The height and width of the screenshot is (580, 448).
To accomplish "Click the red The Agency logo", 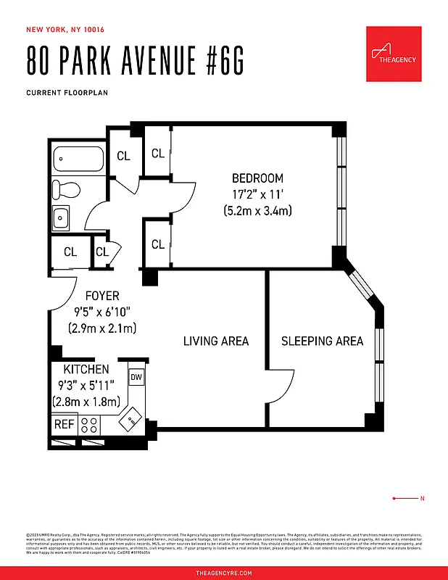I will coord(394,54).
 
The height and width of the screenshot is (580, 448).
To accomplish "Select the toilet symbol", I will coord(67,191).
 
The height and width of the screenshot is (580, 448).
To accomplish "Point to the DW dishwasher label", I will coord(136,377).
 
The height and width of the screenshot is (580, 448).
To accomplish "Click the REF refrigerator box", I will coord(64,424).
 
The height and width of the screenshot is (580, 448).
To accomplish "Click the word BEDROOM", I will coord(257,178).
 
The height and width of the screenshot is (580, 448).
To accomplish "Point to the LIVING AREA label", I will coord(215,341).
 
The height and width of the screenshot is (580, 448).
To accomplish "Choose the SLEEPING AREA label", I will coord(322,341).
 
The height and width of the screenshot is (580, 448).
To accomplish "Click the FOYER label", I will coord(102,296).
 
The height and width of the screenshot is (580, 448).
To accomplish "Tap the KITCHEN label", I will coord(86,370).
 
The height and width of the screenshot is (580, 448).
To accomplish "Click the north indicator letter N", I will coord(422,499).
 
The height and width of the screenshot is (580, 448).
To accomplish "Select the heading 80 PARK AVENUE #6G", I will coord(135,62).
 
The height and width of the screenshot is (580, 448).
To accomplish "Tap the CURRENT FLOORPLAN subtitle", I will coord(62,93).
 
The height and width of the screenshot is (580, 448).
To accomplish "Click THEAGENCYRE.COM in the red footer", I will coord(224,573).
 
